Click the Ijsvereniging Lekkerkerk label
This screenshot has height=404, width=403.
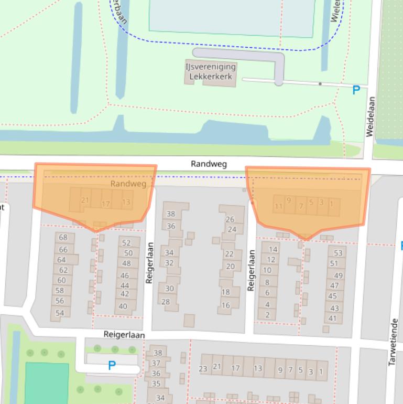[x=210, y=71]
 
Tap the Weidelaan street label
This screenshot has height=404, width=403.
[x=371, y=116]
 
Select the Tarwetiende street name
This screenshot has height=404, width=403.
[x=393, y=342]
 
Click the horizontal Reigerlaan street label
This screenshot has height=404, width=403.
[x=124, y=334]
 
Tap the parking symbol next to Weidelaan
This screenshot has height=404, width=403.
[x=356, y=90]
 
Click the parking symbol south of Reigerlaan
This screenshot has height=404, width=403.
[x=112, y=366]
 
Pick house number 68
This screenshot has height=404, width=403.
[x=63, y=238]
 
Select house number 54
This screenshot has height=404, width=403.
[x=60, y=313]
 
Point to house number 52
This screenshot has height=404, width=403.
[x=126, y=243]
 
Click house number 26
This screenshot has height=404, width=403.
[x=230, y=219]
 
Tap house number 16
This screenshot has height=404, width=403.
[x=225, y=305]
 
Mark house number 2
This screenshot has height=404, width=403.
[x=267, y=315]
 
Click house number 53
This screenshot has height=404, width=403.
[x=338, y=253]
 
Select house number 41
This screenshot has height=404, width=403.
[x=332, y=318]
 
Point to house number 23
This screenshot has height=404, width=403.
[x=203, y=369]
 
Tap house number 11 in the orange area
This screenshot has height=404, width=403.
[x=278, y=206]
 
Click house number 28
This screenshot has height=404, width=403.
[x=166, y=302]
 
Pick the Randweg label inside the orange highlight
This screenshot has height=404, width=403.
[x=128, y=184]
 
